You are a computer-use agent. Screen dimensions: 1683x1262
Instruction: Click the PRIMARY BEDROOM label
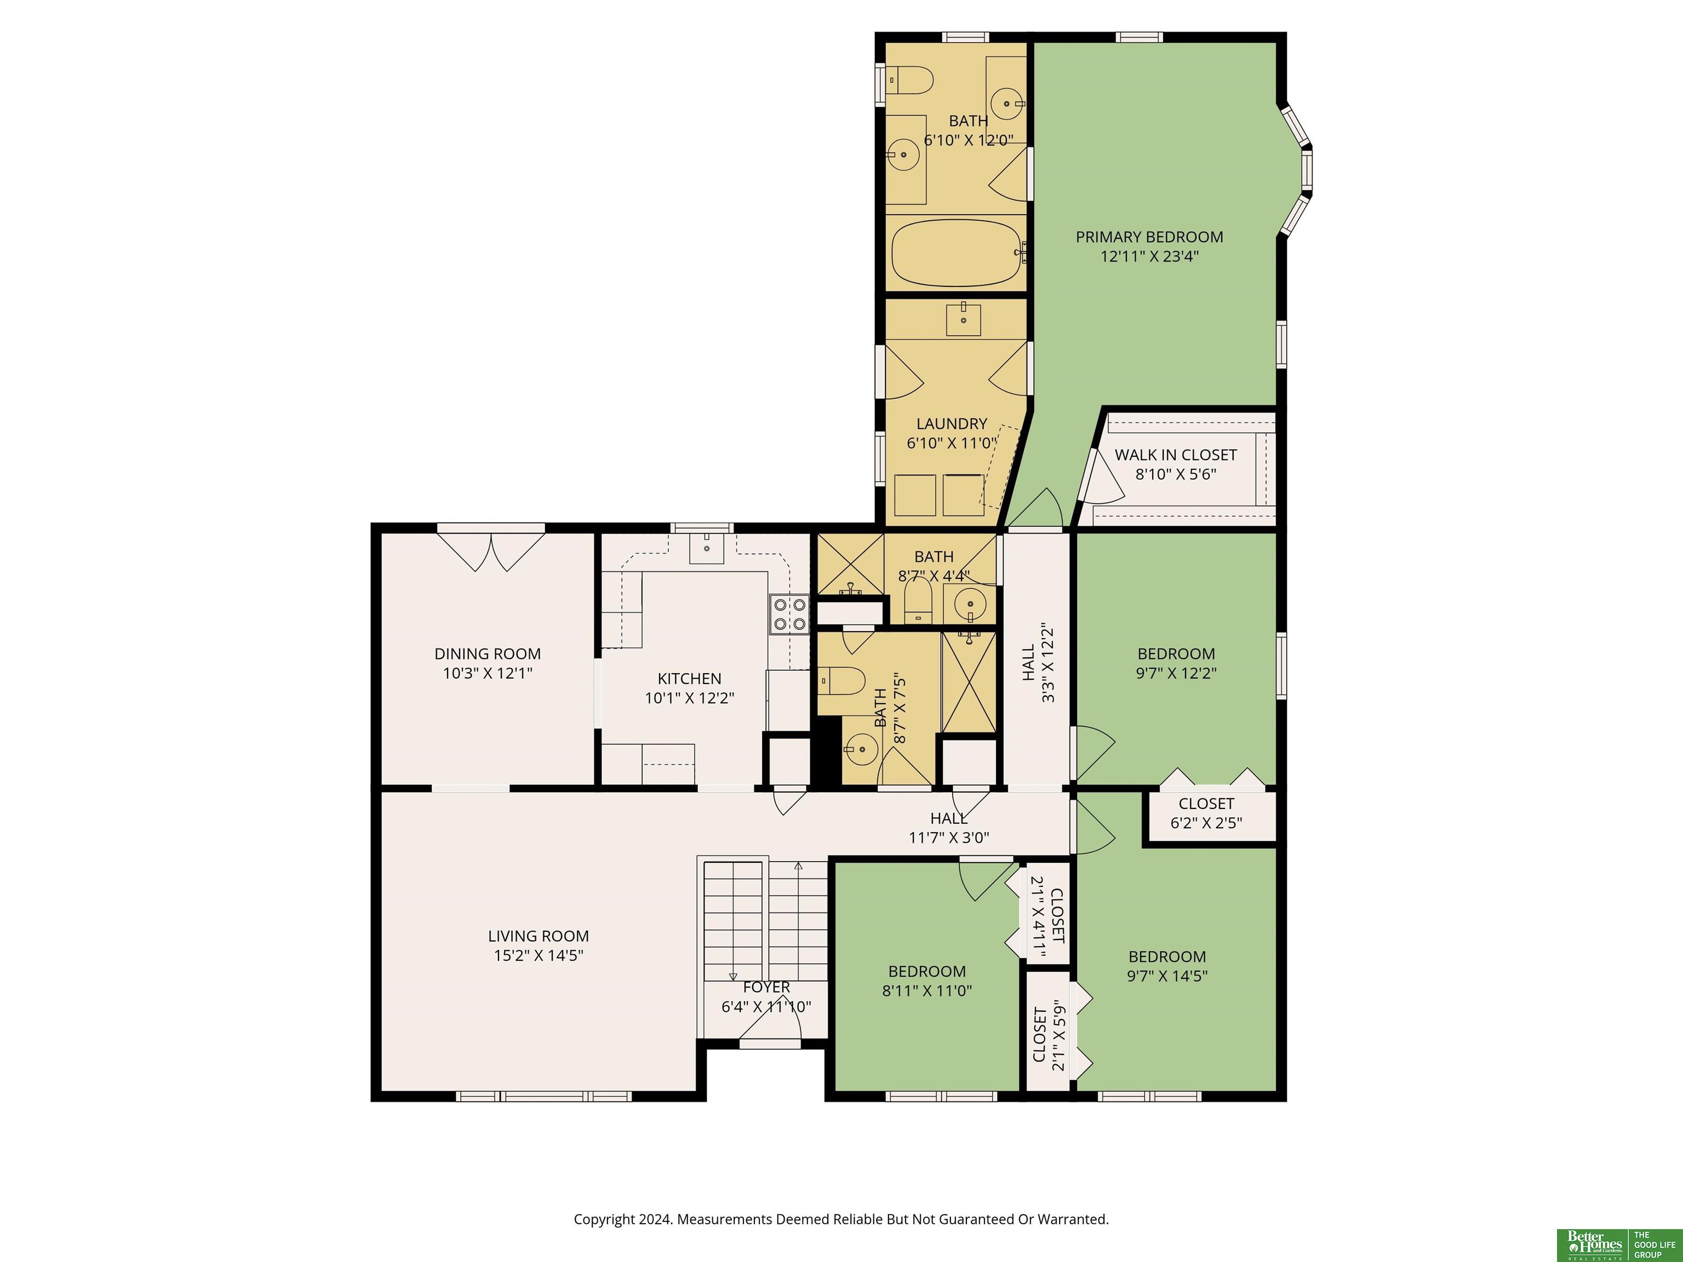pyautogui.click(x=1149, y=237)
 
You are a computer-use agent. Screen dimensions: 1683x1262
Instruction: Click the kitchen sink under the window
pyautogui.click(x=706, y=548)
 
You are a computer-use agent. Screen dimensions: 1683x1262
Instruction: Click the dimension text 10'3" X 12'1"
pyautogui.click(x=488, y=673)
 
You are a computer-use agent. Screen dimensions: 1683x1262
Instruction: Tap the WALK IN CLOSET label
pyautogui.click(x=1176, y=455)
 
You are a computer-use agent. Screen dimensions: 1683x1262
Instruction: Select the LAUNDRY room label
pyautogui.click(x=951, y=424)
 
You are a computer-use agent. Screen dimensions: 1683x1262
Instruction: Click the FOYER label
pyautogui.click(x=766, y=988)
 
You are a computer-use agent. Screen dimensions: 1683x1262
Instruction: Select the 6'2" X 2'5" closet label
pyautogui.click(x=1206, y=804)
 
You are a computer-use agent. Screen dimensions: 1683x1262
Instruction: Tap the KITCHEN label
pyautogui.click(x=689, y=679)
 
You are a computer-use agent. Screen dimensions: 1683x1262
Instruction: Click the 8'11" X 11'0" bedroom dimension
pyautogui.click(x=927, y=990)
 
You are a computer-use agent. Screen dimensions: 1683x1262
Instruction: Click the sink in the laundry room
pyautogui.click(x=963, y=319)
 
